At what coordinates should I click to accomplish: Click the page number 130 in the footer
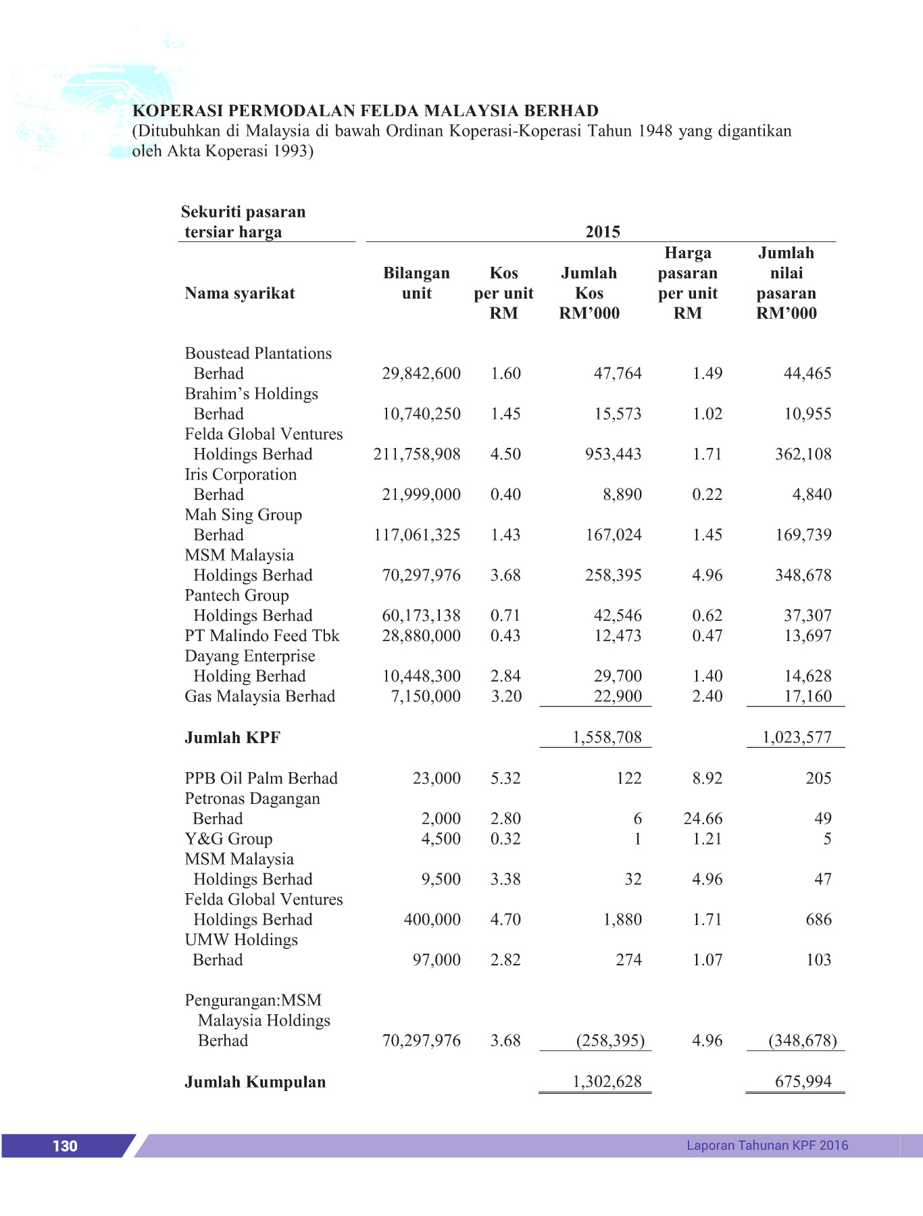click(65, 1146)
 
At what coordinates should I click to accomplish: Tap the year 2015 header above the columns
click(603, 232)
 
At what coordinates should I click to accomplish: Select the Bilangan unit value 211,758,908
click(417, 454)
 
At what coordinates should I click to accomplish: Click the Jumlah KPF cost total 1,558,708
click(607, 737)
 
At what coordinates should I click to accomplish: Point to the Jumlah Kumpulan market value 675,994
click(803, 1082)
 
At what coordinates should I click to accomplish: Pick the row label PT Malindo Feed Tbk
click(262, 636)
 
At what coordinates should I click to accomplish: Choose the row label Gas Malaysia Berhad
click(260, 696)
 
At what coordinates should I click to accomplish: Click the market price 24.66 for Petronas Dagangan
click(703, 819)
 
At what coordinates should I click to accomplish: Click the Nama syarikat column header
click(240, 293)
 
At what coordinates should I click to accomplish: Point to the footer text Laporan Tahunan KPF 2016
click(767, 1145)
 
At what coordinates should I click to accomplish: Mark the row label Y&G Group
click(228, 839)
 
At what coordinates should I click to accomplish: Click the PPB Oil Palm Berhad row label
click(261, 778)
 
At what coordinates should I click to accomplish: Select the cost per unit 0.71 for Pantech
click(505, 615)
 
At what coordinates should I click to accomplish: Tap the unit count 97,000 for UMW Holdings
click(436, 960)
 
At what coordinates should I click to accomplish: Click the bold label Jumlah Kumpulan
click(255, 1082)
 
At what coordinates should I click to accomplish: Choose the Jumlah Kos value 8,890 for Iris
click(622, 495)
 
